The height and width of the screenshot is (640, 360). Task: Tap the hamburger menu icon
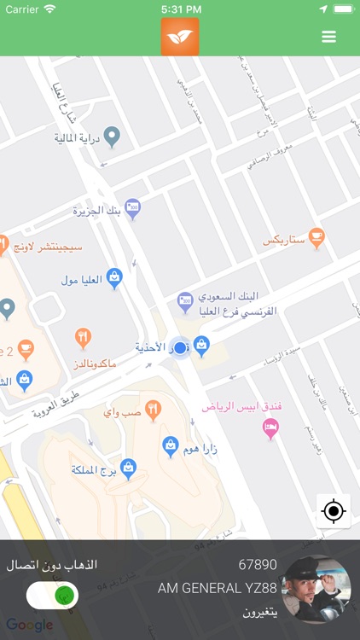[x=328, y=37]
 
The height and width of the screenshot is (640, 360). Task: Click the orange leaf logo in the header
[x=180, y=37]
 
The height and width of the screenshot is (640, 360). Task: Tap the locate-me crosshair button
[x=333, y=511]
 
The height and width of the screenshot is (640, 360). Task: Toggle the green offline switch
[x=53, y=595]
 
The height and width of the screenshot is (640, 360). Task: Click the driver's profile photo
[x=316, y=590]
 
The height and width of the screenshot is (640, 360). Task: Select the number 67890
[x=258, y=565]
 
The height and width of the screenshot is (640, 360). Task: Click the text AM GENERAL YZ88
[x=218, y=589]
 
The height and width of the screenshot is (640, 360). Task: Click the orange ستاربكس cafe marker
[x=316, y=236]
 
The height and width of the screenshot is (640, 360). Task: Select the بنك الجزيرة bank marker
[x=132, y=207]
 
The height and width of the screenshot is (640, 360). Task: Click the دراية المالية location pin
[x=111, y=135]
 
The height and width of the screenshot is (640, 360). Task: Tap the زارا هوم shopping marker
[x=171, y=444]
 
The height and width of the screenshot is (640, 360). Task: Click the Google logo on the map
[x=30, y=625]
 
